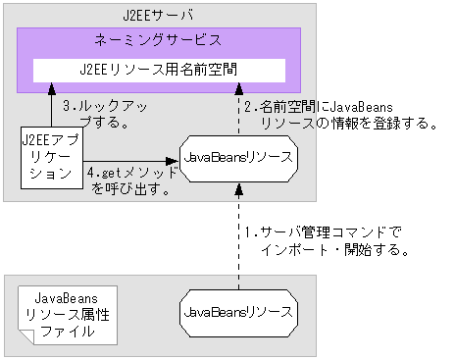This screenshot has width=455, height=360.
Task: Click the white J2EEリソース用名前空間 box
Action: tap(159, 71)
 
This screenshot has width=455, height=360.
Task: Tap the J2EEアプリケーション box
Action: tap(51, 157)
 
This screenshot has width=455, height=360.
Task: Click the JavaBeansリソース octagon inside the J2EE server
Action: tap(238, 157)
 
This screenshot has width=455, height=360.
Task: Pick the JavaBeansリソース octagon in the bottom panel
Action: tap(238, 313)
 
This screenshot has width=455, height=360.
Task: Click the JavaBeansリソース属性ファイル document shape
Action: tap(66, 313)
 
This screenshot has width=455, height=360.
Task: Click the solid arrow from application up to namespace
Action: tap(51, 106)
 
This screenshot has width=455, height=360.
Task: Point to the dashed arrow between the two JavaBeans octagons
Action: tap(238, 235)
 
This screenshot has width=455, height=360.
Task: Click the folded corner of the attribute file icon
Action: tap(109, 293)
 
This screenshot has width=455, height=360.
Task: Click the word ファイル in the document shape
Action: tap(66, 331)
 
